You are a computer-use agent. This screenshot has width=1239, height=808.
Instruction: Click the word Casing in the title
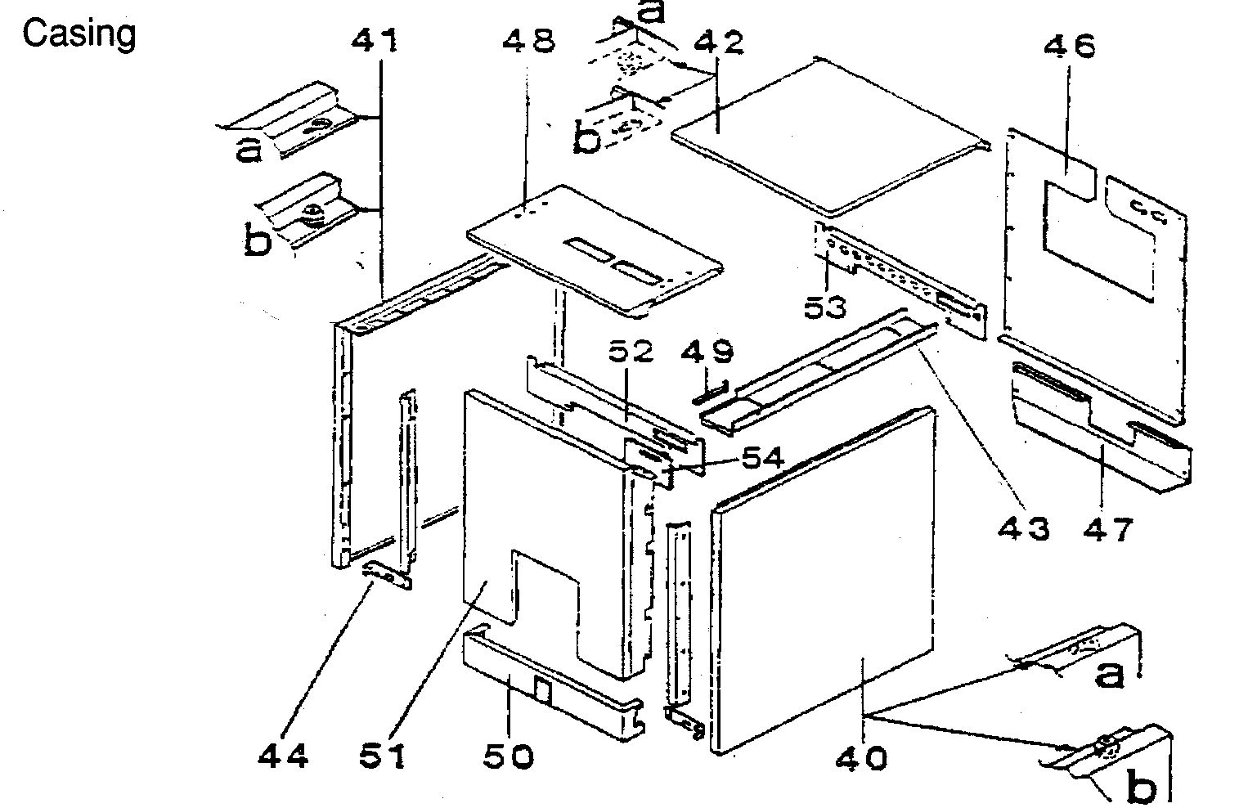[x=79, y=34]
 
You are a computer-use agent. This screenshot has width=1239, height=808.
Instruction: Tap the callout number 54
[x=762, y=458]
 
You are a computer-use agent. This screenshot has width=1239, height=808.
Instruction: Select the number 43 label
[x=1024, y=529]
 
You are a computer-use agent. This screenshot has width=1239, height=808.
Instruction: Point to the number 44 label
[x=283, y=756]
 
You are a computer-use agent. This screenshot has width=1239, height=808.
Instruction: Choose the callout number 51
[x=383, y=756]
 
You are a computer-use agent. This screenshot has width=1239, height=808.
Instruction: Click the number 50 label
[x=508, y=756]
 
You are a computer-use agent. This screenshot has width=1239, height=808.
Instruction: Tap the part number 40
[x=861, y=758]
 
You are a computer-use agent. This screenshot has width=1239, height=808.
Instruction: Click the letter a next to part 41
[x=249, y=149]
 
